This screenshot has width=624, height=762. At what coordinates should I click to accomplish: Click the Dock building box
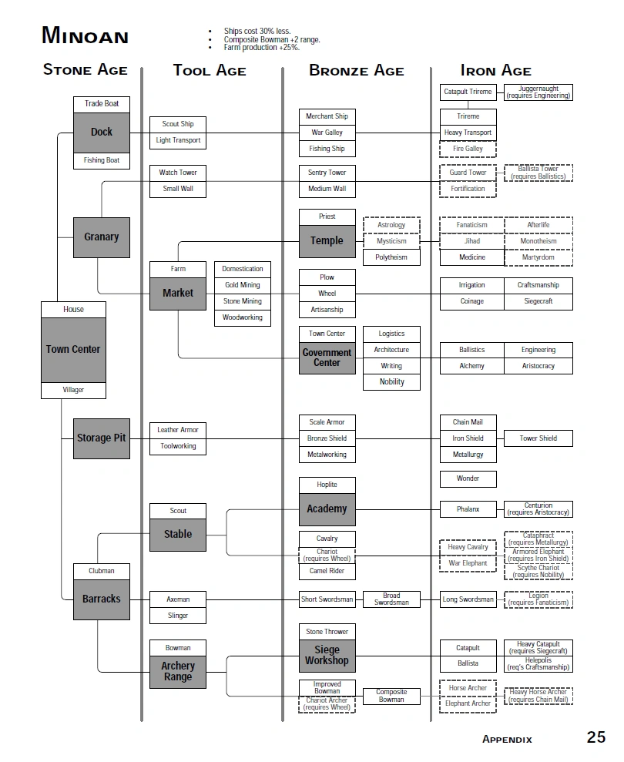point(102,133)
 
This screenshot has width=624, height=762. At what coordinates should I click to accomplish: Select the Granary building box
point(102,237)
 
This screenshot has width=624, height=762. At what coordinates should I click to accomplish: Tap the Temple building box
point(327,241)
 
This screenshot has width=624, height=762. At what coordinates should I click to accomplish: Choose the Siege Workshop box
point(327,655)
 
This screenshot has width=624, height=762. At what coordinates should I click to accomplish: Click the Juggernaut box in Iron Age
point(538,92)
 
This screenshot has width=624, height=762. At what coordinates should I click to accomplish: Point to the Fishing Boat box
point(102,160)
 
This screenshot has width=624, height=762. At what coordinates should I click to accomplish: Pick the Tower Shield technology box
point(538,438)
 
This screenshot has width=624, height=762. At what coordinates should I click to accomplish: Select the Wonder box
point(468,478)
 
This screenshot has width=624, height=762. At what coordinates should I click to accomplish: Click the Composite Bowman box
point(391,696)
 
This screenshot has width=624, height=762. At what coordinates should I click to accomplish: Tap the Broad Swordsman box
point(391,599)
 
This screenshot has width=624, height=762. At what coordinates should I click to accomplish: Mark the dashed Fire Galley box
point(468,149)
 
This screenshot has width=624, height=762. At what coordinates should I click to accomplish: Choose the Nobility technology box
point(391,382)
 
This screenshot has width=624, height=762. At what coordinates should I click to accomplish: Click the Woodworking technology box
point(243,318)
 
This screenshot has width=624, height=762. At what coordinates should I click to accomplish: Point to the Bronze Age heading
point(357,71)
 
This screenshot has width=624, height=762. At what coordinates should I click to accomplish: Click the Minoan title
point(85,35)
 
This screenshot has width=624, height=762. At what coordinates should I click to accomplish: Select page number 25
point(595,737)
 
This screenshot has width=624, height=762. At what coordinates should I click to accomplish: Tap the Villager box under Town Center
point(73,390)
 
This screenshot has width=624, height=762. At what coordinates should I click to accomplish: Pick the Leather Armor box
point(178,430)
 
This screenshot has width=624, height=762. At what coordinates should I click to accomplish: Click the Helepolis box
point(538,664)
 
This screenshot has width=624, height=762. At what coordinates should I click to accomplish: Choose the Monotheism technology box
point(538,241)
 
